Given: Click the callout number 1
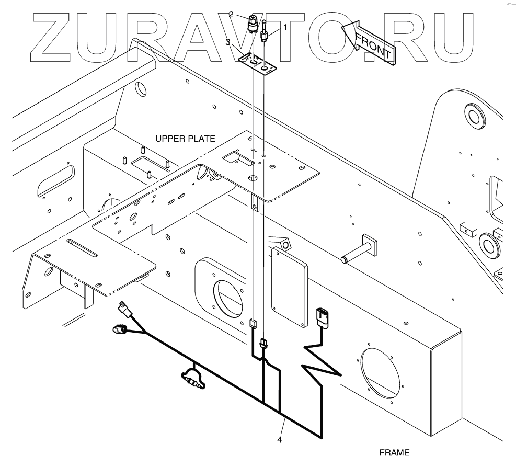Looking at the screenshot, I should coord(285,26).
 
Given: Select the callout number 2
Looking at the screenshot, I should coord(231,15).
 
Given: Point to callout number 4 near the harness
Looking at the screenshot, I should coord(280,440).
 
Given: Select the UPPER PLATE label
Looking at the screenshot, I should coord(185,138).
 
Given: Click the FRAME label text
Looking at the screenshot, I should coord(394,452).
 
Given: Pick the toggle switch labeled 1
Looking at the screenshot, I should coord(265,31).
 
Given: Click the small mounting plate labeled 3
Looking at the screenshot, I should coord(257,64).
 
